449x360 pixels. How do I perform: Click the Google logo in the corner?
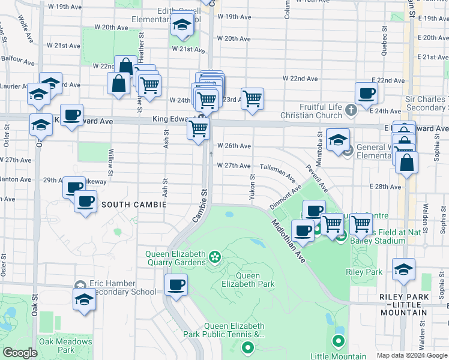20,353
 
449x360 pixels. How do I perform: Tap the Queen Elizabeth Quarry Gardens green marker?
215,258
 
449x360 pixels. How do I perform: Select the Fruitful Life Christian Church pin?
351,110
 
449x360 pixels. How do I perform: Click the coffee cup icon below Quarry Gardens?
176,284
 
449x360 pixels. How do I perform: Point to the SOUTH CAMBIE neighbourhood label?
131,205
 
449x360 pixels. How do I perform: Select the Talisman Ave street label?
277,173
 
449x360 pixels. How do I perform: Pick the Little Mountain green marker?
338,342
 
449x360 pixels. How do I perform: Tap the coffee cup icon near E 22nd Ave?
366,93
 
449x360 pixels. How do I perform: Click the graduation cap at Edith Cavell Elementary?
182,25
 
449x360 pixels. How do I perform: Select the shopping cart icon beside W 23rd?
253,98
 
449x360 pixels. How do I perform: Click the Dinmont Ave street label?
285,198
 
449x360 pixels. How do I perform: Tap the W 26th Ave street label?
234,146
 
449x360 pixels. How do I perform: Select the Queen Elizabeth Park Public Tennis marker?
247,347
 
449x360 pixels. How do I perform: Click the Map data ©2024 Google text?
412,355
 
